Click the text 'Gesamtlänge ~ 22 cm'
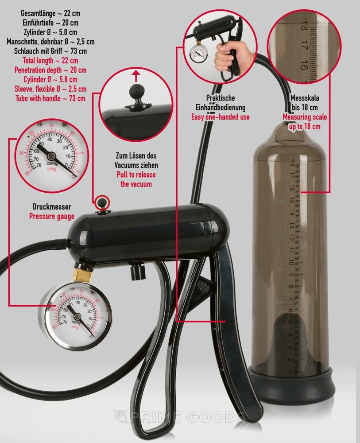click(50, 13)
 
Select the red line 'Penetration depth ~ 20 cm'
click(50, 70)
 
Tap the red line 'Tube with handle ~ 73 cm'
click(50, 98)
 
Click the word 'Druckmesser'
click(52, 207)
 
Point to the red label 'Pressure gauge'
click(52, 217)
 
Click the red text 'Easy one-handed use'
click(221, 117)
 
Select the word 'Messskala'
click(305, 98)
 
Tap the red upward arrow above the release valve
click(136, 76)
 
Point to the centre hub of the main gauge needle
click(77, 316)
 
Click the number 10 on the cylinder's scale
click(291, 263)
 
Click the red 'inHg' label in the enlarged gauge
click(52, 169)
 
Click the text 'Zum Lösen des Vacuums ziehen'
click(136, 160)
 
